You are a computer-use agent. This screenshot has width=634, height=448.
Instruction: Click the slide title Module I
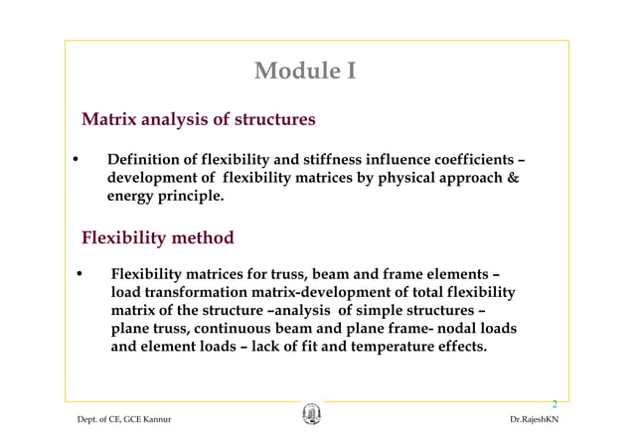(304, 72)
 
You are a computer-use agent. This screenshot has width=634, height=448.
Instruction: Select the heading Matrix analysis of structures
(198, 120)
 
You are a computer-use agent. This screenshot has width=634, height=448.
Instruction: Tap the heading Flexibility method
(157, 238)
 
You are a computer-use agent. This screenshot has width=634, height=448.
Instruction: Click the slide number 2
(555, 404)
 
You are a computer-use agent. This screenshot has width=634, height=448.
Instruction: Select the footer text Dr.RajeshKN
(534, 420)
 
